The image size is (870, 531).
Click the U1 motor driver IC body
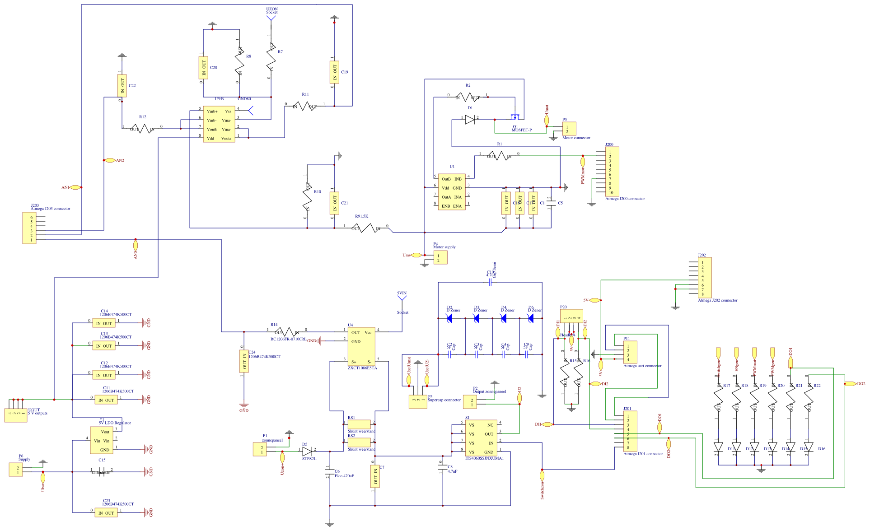coord(451,192)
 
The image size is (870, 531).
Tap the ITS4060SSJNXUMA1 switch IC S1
coord(481,438)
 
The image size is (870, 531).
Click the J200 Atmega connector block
coord(612,172)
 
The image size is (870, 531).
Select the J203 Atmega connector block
coord(29,228)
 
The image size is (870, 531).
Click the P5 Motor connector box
coord(569,129)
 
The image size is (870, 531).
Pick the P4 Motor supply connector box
coord(440,257)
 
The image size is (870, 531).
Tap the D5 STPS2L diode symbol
coord(307,451)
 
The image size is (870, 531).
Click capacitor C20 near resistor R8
coord(203,68)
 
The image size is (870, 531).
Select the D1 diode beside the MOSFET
coord(470,120)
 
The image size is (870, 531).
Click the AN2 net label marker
coord(110,160)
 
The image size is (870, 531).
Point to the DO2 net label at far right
coord(851,384)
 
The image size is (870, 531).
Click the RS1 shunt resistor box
coord(359,424)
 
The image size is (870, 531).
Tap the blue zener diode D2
coord(449,318)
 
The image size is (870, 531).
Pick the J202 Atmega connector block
coord(705,277)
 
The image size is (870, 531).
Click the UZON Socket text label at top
coord(271,10)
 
